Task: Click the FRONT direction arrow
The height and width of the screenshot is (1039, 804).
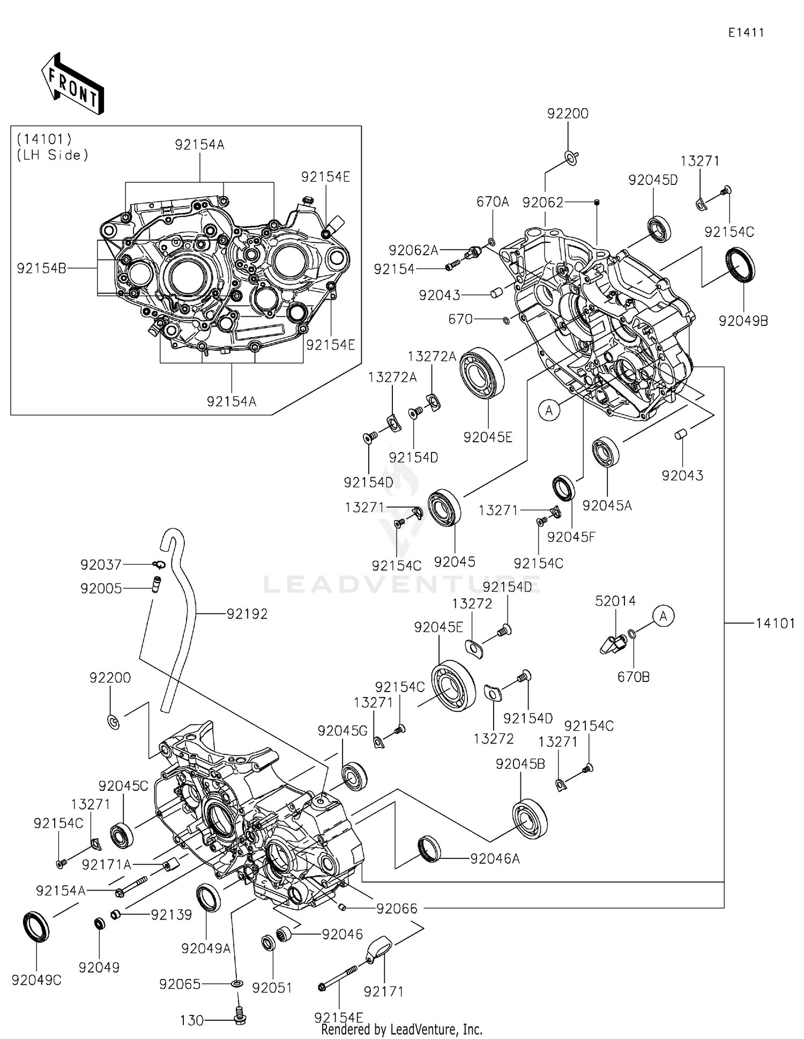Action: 72,84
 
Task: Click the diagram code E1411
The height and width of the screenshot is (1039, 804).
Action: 746,33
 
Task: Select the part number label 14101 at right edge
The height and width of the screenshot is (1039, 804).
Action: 775,623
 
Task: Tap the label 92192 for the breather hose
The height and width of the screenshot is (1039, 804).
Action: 247,614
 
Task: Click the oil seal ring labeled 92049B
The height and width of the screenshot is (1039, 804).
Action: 740,264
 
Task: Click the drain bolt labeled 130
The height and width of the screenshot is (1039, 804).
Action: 240,1014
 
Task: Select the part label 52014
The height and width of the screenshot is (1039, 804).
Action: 615,601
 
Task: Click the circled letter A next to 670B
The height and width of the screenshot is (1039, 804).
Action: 664,617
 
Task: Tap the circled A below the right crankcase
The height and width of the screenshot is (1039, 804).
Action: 549,411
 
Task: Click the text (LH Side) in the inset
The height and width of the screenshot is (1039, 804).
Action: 53,155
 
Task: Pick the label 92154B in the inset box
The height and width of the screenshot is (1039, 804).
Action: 41,269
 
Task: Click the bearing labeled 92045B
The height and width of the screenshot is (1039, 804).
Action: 530,819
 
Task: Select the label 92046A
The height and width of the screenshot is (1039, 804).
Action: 495,859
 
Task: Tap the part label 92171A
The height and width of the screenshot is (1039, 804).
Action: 106,865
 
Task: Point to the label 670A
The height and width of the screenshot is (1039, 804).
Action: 493,202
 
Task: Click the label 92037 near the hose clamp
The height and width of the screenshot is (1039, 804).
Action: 101,565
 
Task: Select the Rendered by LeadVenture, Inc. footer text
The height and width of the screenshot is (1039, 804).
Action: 401,1029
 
